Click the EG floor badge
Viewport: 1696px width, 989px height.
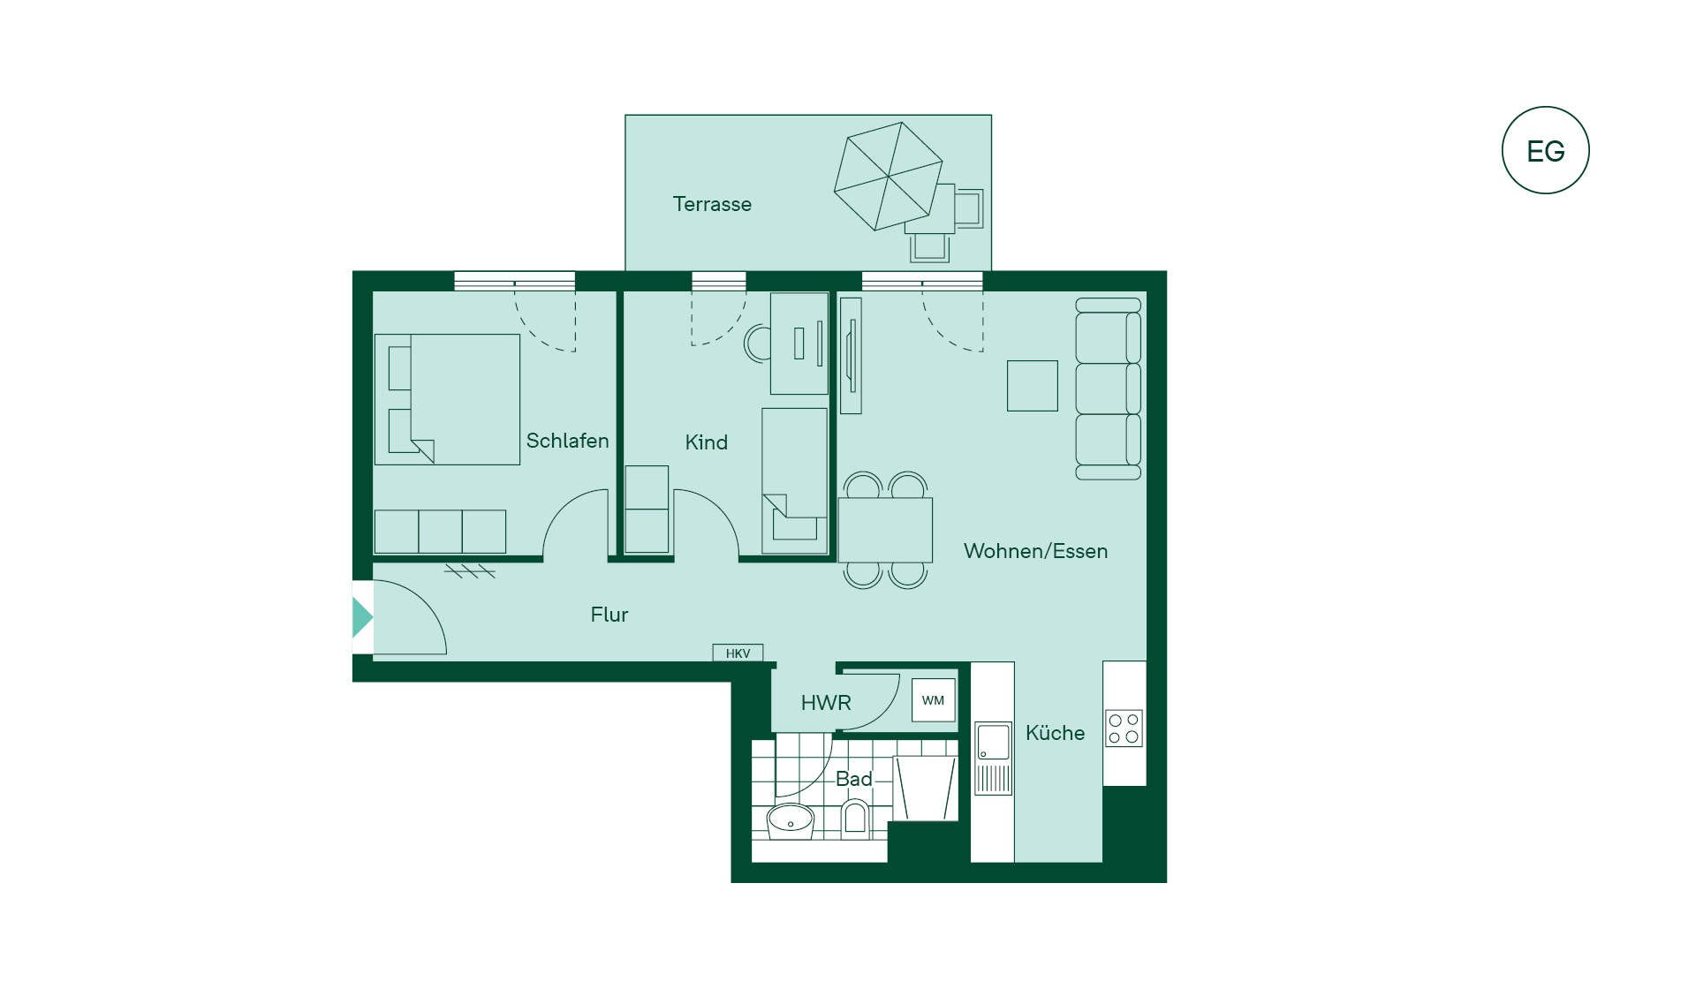[1545, 150]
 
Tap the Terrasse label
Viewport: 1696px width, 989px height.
[712, 204]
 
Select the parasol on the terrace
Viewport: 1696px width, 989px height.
[888, 176]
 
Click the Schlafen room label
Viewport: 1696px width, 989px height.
[567, 441]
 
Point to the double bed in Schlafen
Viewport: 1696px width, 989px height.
[447, 399]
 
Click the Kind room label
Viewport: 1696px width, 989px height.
[707, 442]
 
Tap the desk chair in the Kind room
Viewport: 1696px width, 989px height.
[757, 344]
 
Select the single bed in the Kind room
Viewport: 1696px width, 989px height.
[795, 480]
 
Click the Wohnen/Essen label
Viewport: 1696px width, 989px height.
[1035, 551]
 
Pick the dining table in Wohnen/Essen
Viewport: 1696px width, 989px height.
[885, 530]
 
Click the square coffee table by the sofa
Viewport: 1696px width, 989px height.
[1033, 386]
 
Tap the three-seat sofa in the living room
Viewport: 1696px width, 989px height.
[1109, 389]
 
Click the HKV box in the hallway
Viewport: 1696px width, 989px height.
[738, 653]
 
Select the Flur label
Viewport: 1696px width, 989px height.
[609, 615]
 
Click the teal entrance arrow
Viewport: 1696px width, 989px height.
[362, 617]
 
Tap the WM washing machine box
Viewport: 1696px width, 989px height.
[934, 700]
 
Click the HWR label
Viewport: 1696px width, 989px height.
[826, 703]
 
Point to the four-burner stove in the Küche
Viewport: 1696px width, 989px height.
[1124, 729]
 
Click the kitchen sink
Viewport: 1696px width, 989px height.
[993, 743]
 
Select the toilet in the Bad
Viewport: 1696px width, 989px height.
[855, 818]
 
